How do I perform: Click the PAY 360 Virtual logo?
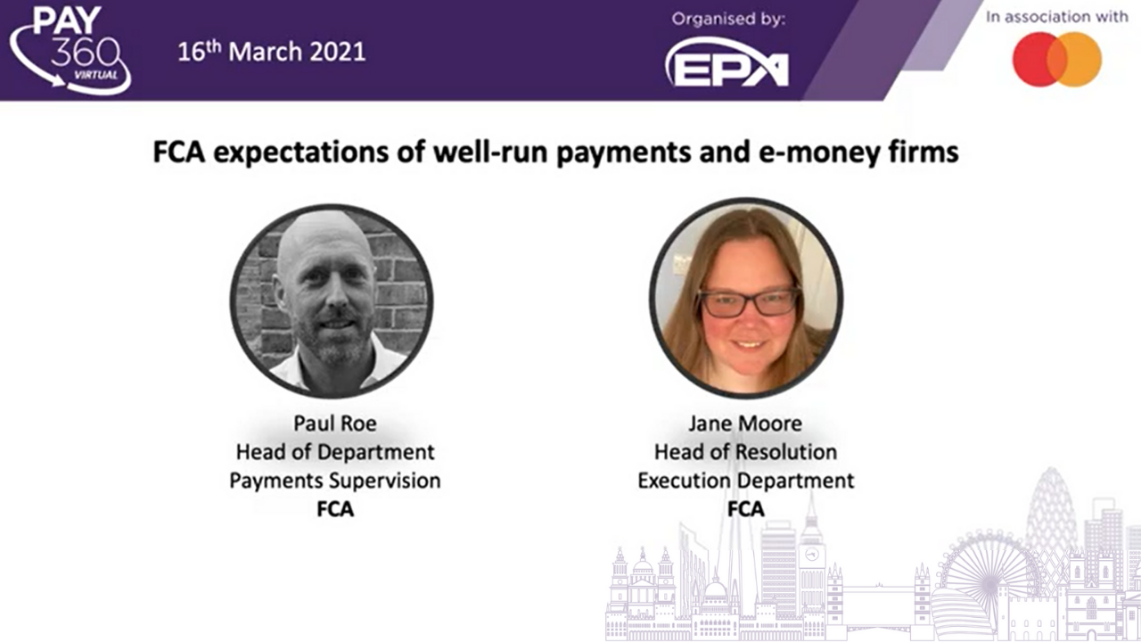coord(70,50)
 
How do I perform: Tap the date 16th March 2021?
coord(272,52)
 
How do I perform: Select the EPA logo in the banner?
coord(726,63)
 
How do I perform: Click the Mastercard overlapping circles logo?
coord(1057,59)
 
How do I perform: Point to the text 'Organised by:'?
coord(728,19)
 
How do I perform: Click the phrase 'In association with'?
coord(1057,17)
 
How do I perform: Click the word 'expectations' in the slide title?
coord(301,152)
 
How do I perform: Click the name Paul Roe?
coord(334,424)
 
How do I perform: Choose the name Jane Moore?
coord(745,424)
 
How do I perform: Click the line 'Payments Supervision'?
coord(334,481)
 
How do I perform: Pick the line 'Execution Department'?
coord(746,481)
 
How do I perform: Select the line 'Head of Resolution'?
coord(746,452)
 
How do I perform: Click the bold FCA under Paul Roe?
coord(334,509)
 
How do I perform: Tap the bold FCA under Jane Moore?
coord(746,509)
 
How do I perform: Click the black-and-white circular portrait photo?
coord(332,301)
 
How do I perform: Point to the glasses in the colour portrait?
coord(750,302)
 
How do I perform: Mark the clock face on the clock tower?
coord(812,555)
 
